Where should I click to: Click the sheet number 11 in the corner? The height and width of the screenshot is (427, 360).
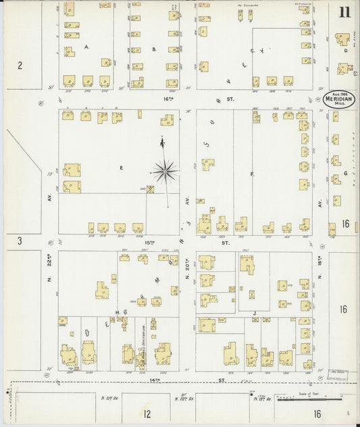click(x=344, y=12)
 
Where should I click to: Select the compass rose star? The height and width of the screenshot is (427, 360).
click(x=165, y=171)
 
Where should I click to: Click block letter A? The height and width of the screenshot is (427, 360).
click(x=87, y=47)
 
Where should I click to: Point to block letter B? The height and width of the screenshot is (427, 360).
click(x=154, y=49)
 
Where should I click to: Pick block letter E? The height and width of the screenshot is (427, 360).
click(x=122, y=164)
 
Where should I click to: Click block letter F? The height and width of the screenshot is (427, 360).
click(x=251, y=174)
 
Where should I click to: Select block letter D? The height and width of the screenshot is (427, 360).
click(x=346, y=50)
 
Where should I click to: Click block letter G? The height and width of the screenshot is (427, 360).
click(x=345, y=173)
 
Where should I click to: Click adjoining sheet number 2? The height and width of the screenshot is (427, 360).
click(x=20, y=66)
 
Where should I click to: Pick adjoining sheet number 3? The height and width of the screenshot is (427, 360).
click(x=20, y=241)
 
